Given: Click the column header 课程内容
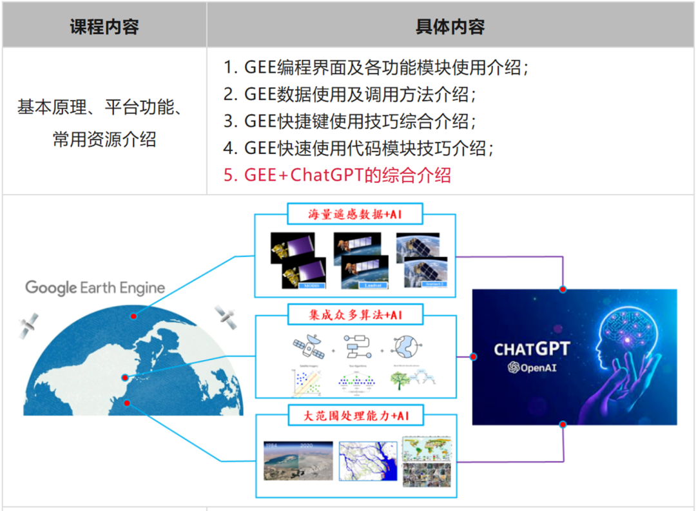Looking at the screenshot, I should coord(104,26).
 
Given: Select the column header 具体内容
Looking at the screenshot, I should coord(450,26).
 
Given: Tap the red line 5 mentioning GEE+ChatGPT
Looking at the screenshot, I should coord(337,175).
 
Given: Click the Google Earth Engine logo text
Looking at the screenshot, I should coord(95,287).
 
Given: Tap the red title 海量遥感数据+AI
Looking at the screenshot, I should coord(355,214).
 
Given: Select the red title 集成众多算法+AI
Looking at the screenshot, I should coord(355,314).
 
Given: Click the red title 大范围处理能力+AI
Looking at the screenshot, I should coord(356,416).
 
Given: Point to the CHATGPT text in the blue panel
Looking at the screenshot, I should coord(532,349).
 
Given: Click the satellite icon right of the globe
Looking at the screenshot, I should coord(226,316).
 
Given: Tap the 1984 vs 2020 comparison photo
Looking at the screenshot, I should coord(298,460).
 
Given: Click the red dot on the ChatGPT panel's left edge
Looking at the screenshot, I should coord(473,356).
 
